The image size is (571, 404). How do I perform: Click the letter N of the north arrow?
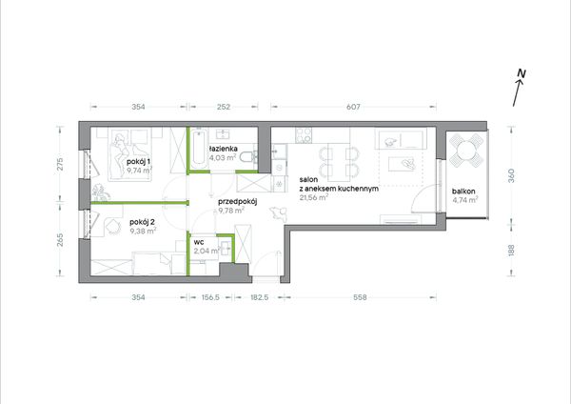[522, 73]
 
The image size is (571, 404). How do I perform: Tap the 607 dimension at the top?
[353, 107]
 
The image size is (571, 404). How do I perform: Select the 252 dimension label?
[224, 107]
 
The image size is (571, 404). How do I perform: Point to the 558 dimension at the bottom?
[360, 297]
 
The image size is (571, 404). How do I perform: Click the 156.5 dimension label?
[210, 297]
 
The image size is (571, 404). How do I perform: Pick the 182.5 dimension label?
[259, 297]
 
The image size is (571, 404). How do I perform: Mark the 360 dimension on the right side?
[511, 175]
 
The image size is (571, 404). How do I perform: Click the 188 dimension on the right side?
[511, 251]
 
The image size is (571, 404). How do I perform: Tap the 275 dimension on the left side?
[60, 164]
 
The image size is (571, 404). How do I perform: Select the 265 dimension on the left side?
[60, 240]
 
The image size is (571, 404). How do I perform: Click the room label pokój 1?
[139, 161]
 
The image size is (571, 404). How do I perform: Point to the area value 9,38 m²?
[144, 231]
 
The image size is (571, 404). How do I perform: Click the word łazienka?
[224, 149]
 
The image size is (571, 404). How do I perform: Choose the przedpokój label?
[238, 202]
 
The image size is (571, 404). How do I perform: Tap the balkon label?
[463, 192]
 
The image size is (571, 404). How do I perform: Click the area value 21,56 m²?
[314, 197]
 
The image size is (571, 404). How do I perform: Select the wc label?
[199, 242]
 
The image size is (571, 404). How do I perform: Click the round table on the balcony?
[467, 150]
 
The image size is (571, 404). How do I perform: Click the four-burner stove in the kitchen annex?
[304, 135]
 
